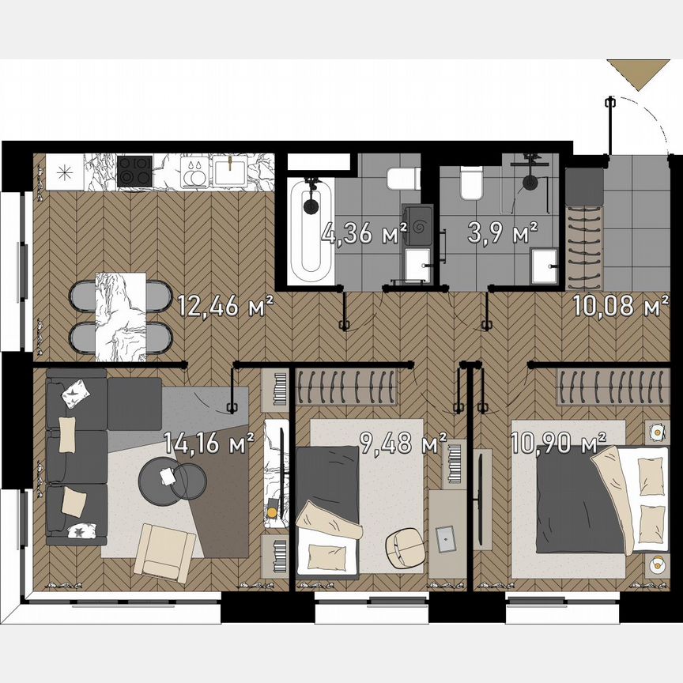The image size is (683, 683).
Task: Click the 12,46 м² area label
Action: coord(225,304)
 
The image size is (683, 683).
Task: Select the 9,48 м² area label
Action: coord(402,443)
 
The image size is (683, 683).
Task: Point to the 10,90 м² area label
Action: coord(558,440)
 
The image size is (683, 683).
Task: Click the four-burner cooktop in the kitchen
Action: coord(134,172)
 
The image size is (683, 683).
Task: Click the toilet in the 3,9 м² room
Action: coord(471,183)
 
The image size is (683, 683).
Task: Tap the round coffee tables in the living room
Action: coord(172,478)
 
